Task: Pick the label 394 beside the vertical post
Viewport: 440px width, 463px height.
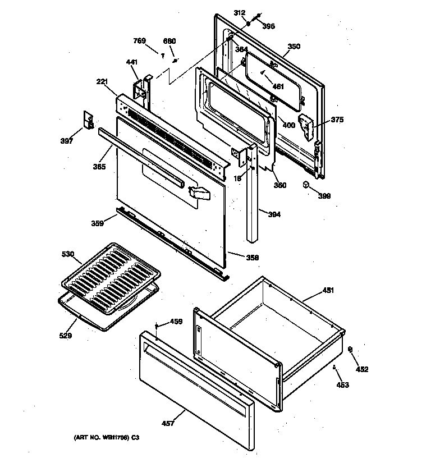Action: [x=274, y=214]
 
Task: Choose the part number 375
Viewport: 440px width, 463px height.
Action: [x=337, y=120]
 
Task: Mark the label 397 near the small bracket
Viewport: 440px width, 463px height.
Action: [x=67, y=141]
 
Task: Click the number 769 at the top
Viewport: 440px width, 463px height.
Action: [x=139, y=40]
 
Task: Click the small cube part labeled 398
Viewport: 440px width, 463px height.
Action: [x=306, y=185]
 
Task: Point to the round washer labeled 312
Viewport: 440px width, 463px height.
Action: [x=249, y=25]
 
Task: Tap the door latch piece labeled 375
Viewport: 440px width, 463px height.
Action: [x=306, y=127]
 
